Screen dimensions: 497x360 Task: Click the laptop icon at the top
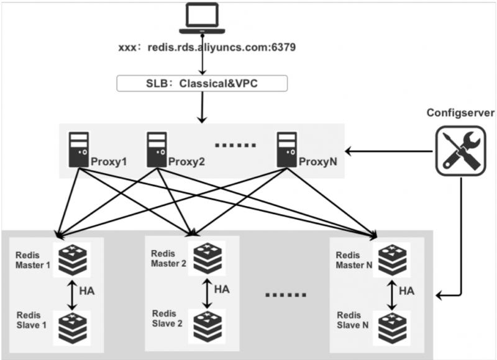click(203, 18)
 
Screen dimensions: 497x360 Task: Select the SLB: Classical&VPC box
click(203, 83)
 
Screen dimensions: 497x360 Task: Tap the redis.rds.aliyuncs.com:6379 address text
click(222, 47)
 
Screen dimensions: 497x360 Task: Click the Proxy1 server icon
click(79, 150)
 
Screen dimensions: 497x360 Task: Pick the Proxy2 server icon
click(157, 150)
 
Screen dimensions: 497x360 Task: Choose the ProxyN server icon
click(286, 150)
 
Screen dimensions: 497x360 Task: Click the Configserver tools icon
click(460, 151)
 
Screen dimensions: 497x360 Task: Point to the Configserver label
click(460, 113)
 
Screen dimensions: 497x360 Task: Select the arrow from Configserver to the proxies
click(389, 151)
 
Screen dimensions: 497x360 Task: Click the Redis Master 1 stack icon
click(72, 259)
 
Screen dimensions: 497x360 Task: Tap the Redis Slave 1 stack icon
click(72, 328)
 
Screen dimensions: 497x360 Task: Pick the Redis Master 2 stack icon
click(207, 258)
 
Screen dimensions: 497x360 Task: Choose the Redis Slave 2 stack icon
click(207, 326)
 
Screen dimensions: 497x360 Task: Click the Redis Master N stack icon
click(392, 259)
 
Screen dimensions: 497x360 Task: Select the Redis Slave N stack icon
click(392, 328)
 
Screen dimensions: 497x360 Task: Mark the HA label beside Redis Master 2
click(222, 289)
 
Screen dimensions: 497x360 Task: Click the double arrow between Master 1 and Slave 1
click(72, 295)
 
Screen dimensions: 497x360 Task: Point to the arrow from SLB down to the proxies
click(202, 107)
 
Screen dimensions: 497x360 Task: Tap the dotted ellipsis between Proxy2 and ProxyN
click(235, 145)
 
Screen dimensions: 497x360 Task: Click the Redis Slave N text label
click(352, 320)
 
